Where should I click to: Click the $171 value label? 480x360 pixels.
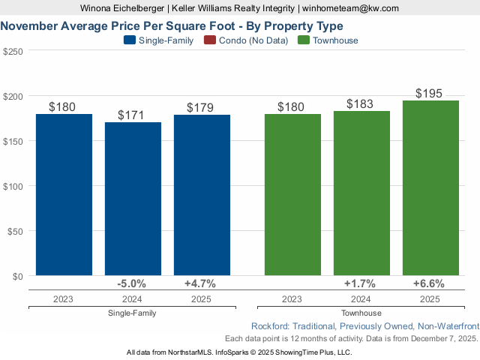pyautogui.click(x=133, y=115)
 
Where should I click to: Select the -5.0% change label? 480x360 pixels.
pyautogui.click(x=133, y=283)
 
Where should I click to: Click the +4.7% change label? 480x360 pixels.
pyautogui.click(x=201, y=283)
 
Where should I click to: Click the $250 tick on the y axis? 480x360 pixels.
pyautogui.click(x=13, y=52)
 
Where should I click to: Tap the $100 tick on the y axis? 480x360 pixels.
pyautogui.click(x=13, y=186)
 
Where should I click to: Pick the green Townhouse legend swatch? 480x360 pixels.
pyautogui.click(x=303, y=40)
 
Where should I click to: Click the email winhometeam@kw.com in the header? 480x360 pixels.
pyautogui.click(x=350, y=8)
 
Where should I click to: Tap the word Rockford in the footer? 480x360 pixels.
pyautogui.click(x=270, y=326)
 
